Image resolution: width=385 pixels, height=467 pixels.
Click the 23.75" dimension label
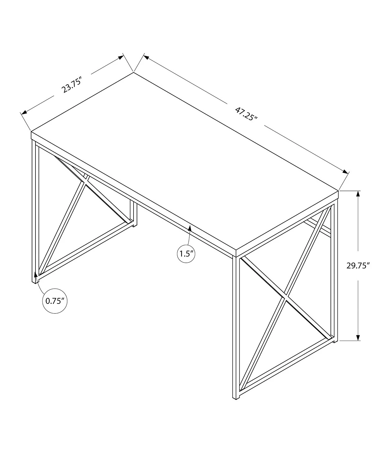tap(72, 85)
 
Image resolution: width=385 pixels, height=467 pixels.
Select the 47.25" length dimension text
tap(246, 114)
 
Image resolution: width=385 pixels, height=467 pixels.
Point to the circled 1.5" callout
tap(186, 254)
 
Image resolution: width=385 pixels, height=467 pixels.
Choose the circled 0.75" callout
tap(55, 301)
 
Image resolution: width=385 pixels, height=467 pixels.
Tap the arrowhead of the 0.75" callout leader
tap(35, 274)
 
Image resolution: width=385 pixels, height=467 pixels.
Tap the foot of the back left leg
tap(135, 225)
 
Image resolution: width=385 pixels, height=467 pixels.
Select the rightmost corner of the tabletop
tap(338, 191)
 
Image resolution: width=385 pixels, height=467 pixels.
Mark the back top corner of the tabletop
tap(134, 72)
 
